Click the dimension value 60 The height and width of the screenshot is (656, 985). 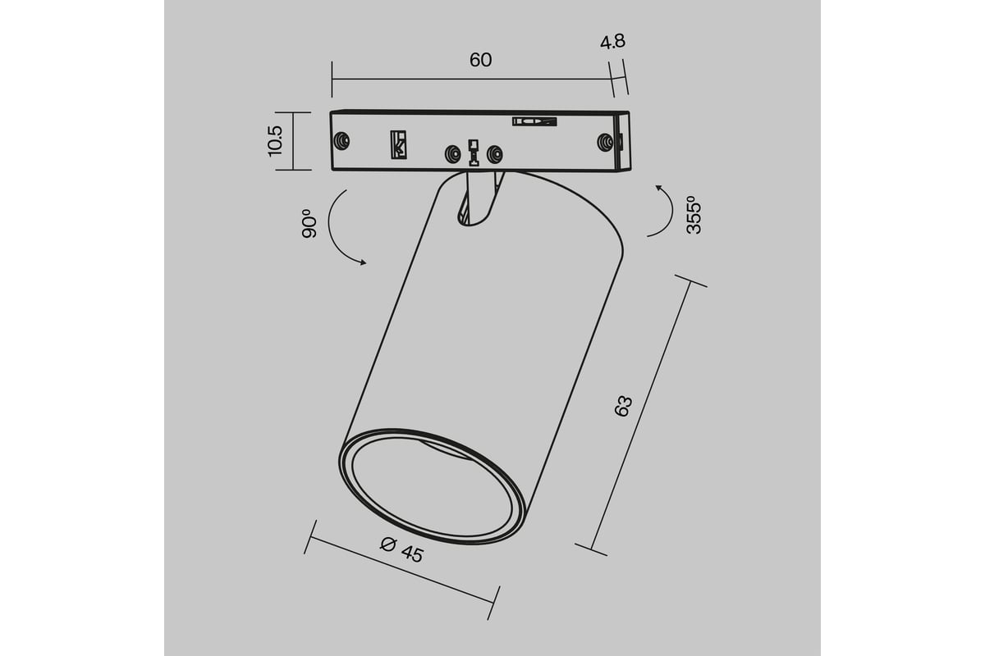[480, 60]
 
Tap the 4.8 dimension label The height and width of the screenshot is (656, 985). [612, 42]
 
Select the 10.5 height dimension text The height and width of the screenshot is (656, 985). [275, 141]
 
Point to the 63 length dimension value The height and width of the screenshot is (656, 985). [623, 406]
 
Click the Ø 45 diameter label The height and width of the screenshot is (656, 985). [402, 549]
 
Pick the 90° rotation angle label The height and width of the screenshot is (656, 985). [309, 224]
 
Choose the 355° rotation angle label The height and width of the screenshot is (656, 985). [694, 215]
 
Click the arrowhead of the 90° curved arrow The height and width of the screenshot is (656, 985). [362, 262]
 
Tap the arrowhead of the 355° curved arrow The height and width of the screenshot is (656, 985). [659, 188]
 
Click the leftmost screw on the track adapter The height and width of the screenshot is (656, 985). [341, 141]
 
